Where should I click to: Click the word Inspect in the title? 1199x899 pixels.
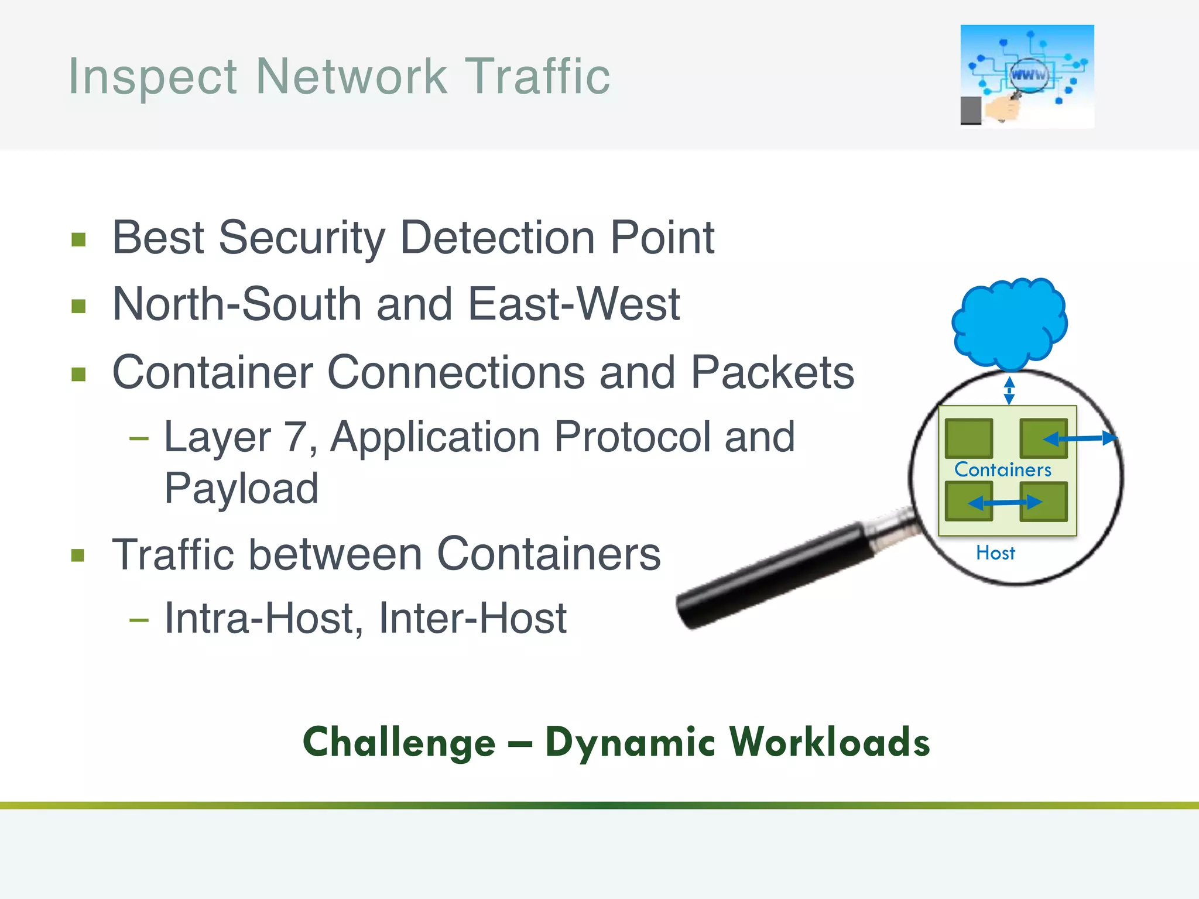[153, 77]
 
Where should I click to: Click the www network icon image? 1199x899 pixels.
[1027, 76]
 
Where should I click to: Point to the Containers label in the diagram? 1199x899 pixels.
[1002, 469]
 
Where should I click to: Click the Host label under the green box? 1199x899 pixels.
[995, 553]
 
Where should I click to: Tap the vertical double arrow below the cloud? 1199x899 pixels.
[1009, 390]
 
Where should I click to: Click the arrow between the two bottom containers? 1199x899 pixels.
[1005, 502]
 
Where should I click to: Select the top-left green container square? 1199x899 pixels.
[969, 438]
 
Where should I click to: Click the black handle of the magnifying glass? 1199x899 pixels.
[773, 577]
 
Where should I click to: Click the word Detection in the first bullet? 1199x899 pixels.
[498, 238]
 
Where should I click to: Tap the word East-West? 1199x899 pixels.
[574, 304]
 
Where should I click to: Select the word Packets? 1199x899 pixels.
[772, 372]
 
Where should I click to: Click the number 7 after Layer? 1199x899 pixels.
[296, 437]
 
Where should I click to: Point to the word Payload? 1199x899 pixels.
[241, 488]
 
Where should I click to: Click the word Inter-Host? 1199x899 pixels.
[472, 618]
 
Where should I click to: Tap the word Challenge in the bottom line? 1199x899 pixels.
[399, 742]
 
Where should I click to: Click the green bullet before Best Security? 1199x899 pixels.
[78, 240]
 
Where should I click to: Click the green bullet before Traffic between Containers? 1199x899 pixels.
[78, 555]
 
